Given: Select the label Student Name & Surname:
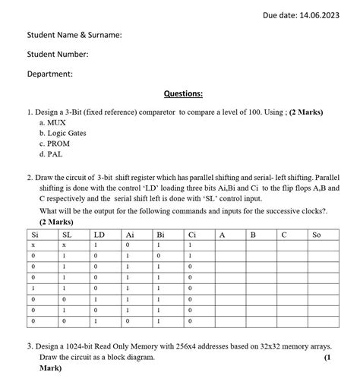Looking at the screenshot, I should coord(74,35).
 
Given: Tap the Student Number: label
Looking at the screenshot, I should coord(58,55).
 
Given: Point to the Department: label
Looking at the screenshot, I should coord(50,74).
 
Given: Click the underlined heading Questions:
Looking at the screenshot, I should coord(183,93).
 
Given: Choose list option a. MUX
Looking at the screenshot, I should coord(52,122).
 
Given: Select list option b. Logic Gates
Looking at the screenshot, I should coord(62,132).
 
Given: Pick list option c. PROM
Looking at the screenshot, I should coord(55,143).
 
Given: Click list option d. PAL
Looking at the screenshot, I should coord(52,153).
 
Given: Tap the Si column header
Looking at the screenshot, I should coord(34,235).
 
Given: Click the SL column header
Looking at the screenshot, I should coord(67,235).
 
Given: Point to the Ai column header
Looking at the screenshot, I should coord(130,235).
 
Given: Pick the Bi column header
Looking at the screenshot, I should coord(160,235).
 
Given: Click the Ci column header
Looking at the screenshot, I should coord(191,235).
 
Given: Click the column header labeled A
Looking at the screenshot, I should coord(222,235).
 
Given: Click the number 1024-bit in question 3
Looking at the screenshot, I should coord(90,346).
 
